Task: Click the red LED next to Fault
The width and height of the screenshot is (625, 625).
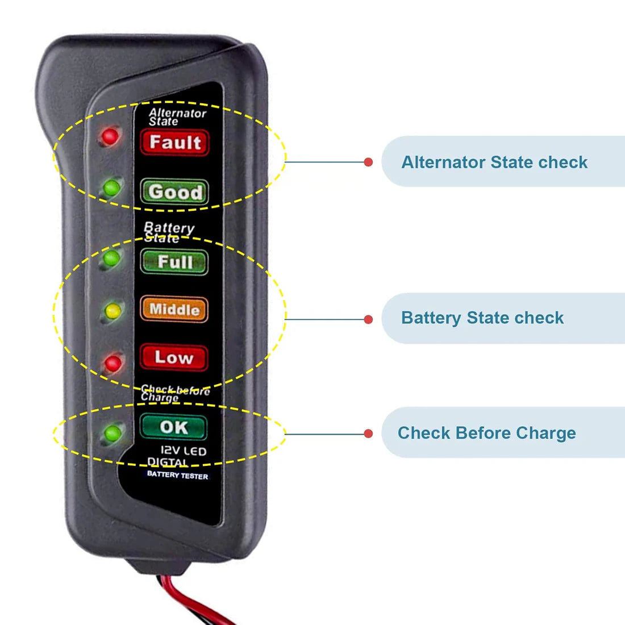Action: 109,136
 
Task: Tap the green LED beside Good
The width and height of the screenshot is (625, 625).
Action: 111,186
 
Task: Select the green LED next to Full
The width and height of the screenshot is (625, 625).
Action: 111,259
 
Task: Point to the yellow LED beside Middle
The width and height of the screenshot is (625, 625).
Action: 113,310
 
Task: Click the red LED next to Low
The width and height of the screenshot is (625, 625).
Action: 114,362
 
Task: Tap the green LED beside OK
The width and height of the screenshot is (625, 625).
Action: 113,434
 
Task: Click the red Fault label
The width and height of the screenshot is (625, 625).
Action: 175,142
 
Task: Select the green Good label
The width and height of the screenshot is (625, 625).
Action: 174,192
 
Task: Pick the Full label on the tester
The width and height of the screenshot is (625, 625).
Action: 174,262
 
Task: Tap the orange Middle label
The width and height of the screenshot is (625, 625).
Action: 174,310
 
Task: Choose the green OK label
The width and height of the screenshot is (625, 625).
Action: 173,427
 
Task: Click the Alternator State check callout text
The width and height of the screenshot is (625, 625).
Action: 494,163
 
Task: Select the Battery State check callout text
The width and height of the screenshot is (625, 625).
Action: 482,318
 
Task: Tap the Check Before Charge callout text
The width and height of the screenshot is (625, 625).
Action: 486,433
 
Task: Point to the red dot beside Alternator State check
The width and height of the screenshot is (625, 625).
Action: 368,163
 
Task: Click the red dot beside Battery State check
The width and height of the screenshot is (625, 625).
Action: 368,319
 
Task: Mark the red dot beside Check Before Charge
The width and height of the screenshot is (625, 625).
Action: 368,434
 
